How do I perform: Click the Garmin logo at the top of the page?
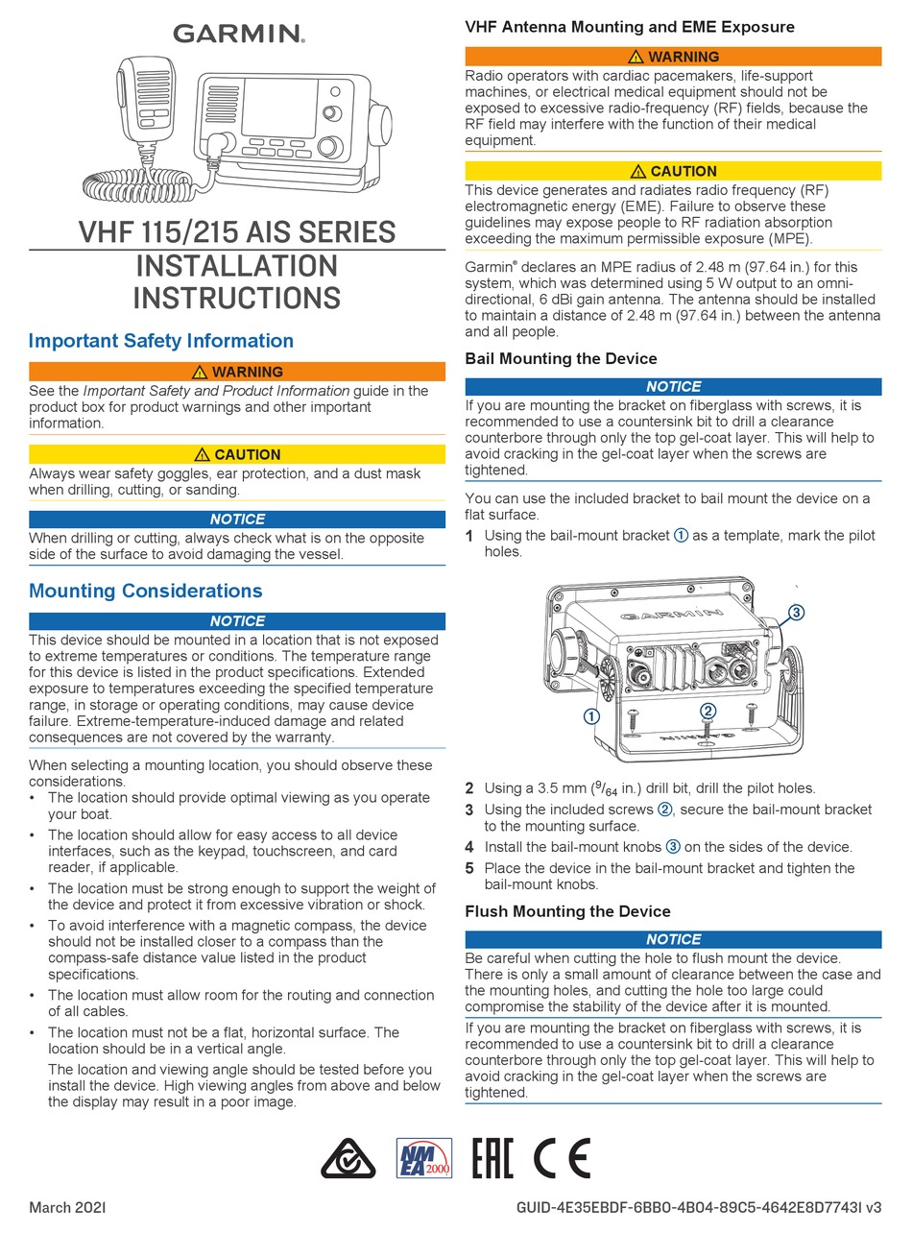238,34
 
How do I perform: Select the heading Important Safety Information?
161,341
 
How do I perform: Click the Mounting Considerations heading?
145,591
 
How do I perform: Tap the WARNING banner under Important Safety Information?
237,372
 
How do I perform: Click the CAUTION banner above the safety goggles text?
237,454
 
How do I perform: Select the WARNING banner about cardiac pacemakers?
673,57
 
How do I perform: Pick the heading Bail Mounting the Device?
561,358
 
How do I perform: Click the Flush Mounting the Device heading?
567,911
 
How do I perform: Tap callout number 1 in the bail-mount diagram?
591,716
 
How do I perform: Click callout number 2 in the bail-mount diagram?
708,711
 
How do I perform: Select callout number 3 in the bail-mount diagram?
796,612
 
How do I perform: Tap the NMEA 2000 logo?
424,1158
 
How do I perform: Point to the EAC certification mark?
493,1158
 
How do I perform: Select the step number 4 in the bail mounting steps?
469,847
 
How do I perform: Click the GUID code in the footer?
698,1207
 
